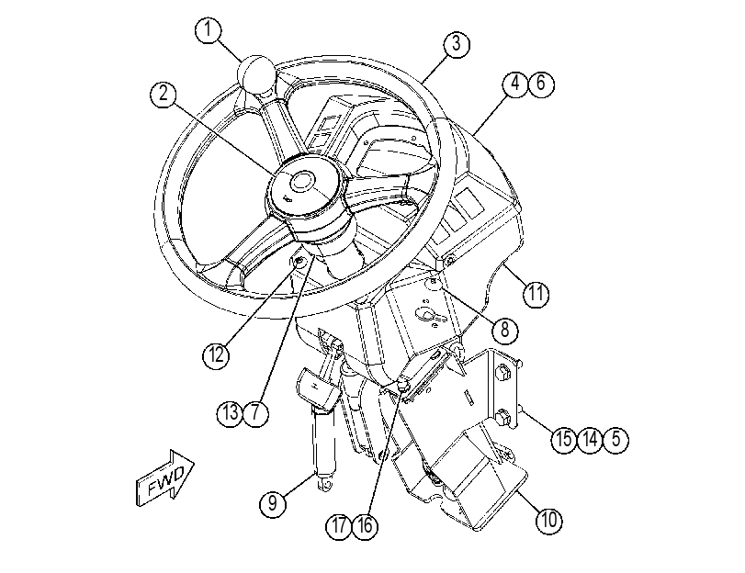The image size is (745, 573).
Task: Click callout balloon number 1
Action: coord(209,30)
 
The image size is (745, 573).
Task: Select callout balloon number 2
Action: coord(164,94)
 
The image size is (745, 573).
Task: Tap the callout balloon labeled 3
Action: coord(457,45)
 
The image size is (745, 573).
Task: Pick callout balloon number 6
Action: coord(541,84)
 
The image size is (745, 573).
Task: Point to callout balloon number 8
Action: coord(505,329)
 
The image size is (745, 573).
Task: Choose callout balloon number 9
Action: coord(273,502)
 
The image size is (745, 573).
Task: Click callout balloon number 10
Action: coord(549,520)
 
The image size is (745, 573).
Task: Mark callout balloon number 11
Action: coord(536,294)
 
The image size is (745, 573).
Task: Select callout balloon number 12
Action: coord(216,354)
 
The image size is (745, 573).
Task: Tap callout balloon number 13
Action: coord(231,413)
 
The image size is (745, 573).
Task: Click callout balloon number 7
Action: coord(256,413)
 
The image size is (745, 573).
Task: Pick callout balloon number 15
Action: coord(564,440)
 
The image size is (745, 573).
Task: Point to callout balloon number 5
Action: coord(615,440)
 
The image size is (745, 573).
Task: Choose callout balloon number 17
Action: coord(339,526)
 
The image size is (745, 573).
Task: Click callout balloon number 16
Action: coord(366,526)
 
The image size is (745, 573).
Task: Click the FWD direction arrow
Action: coord(164,478)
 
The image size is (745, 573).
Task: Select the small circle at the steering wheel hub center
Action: coord(302,182)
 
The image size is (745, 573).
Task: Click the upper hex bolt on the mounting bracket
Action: coord(502,372)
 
